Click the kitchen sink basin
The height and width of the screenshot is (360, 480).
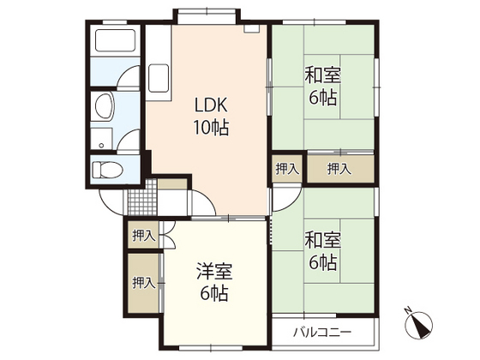159,79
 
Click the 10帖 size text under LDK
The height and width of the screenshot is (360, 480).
211,128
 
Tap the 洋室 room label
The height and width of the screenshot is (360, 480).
214,272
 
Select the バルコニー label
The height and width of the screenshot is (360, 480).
319,331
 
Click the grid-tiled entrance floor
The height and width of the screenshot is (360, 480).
140,199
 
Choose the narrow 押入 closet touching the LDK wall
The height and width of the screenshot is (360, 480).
286,169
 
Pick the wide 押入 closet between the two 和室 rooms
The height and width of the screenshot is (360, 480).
339,169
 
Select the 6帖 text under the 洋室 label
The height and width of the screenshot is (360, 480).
214,293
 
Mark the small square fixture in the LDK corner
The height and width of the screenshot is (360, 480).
250,28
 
